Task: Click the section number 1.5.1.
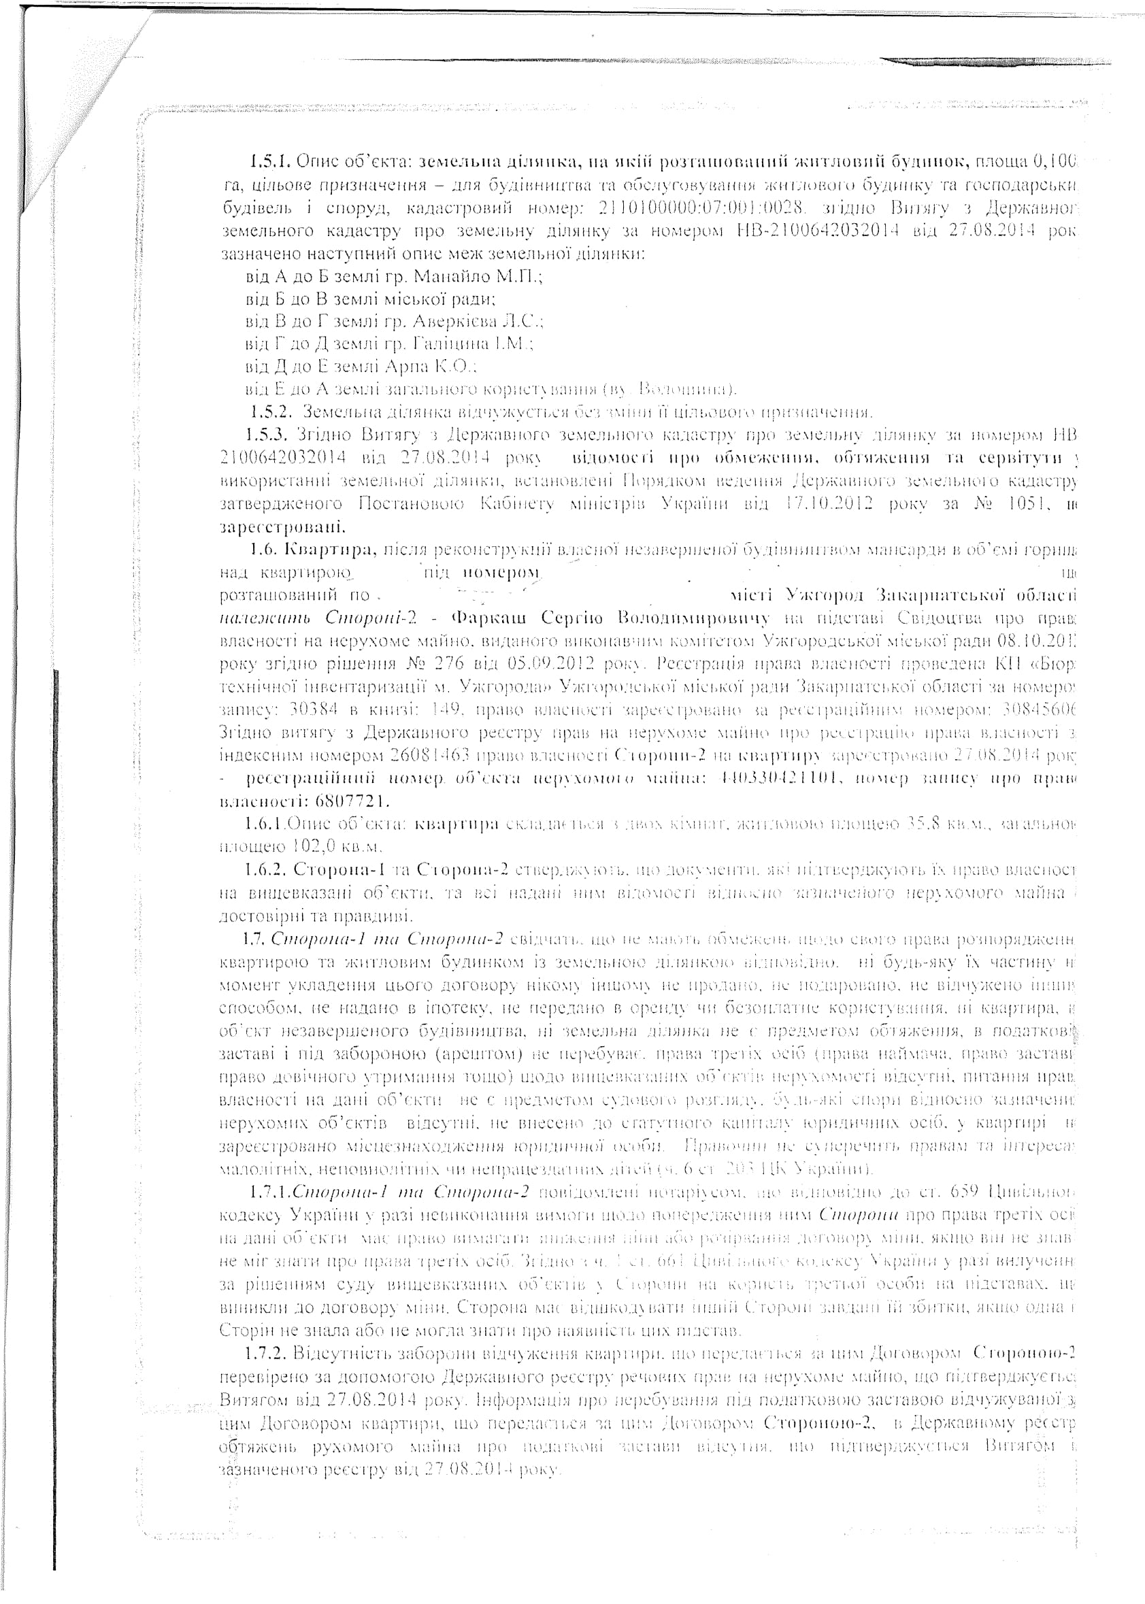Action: click(271, 163)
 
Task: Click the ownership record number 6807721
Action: click(352, 801)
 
